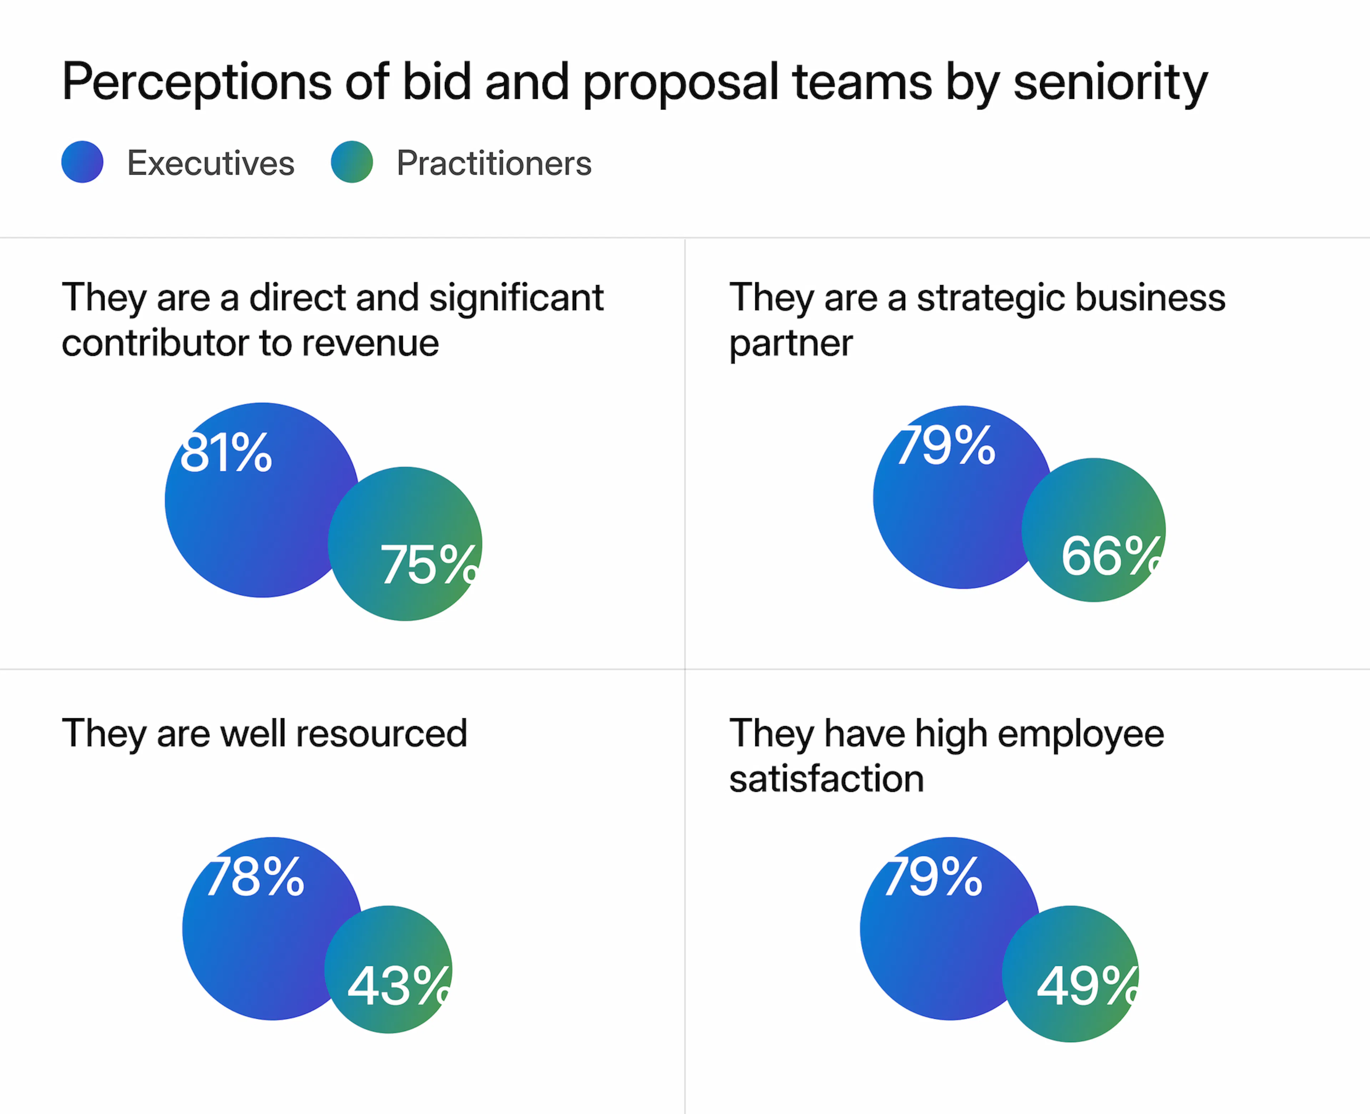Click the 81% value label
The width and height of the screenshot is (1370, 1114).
click(226, 453)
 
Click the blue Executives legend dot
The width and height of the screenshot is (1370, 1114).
click(82, 162)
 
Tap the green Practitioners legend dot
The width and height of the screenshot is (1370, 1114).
click(352, 162)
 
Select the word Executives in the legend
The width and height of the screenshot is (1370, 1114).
click(210, 163)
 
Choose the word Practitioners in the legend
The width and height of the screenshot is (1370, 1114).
click(493, 163)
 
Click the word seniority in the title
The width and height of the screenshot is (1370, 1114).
click(1110, 82)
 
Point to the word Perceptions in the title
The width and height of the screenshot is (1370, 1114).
click(196, 82)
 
